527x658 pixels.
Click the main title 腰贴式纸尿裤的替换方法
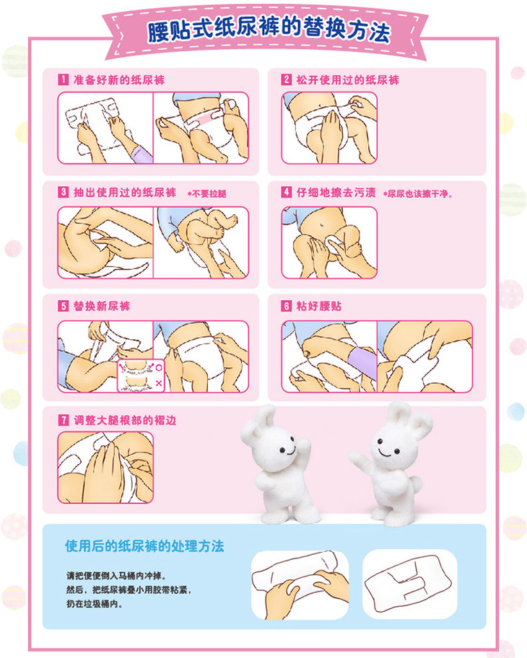coord(269,30)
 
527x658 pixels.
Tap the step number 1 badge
coord(63,79)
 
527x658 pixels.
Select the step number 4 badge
coord(286,192)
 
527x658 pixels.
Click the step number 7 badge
coord(63,420)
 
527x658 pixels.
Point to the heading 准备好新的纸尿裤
coord(119,80)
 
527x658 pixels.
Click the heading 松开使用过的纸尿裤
coord(348,80)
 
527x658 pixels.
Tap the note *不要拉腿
coord(206,193)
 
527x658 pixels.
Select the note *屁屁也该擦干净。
coord(417,193)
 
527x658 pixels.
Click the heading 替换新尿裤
coord(102,306)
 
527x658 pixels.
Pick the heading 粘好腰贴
coord(318,306)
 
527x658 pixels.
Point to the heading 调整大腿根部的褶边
coord(125,420)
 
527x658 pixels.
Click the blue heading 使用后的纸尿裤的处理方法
coord(144,546)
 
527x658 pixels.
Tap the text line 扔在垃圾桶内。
coord(95,605)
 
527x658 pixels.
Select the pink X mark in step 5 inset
coord(159,383)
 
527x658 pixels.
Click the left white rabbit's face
coord(287,449)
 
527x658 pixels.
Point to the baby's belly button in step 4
coord(322,225)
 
